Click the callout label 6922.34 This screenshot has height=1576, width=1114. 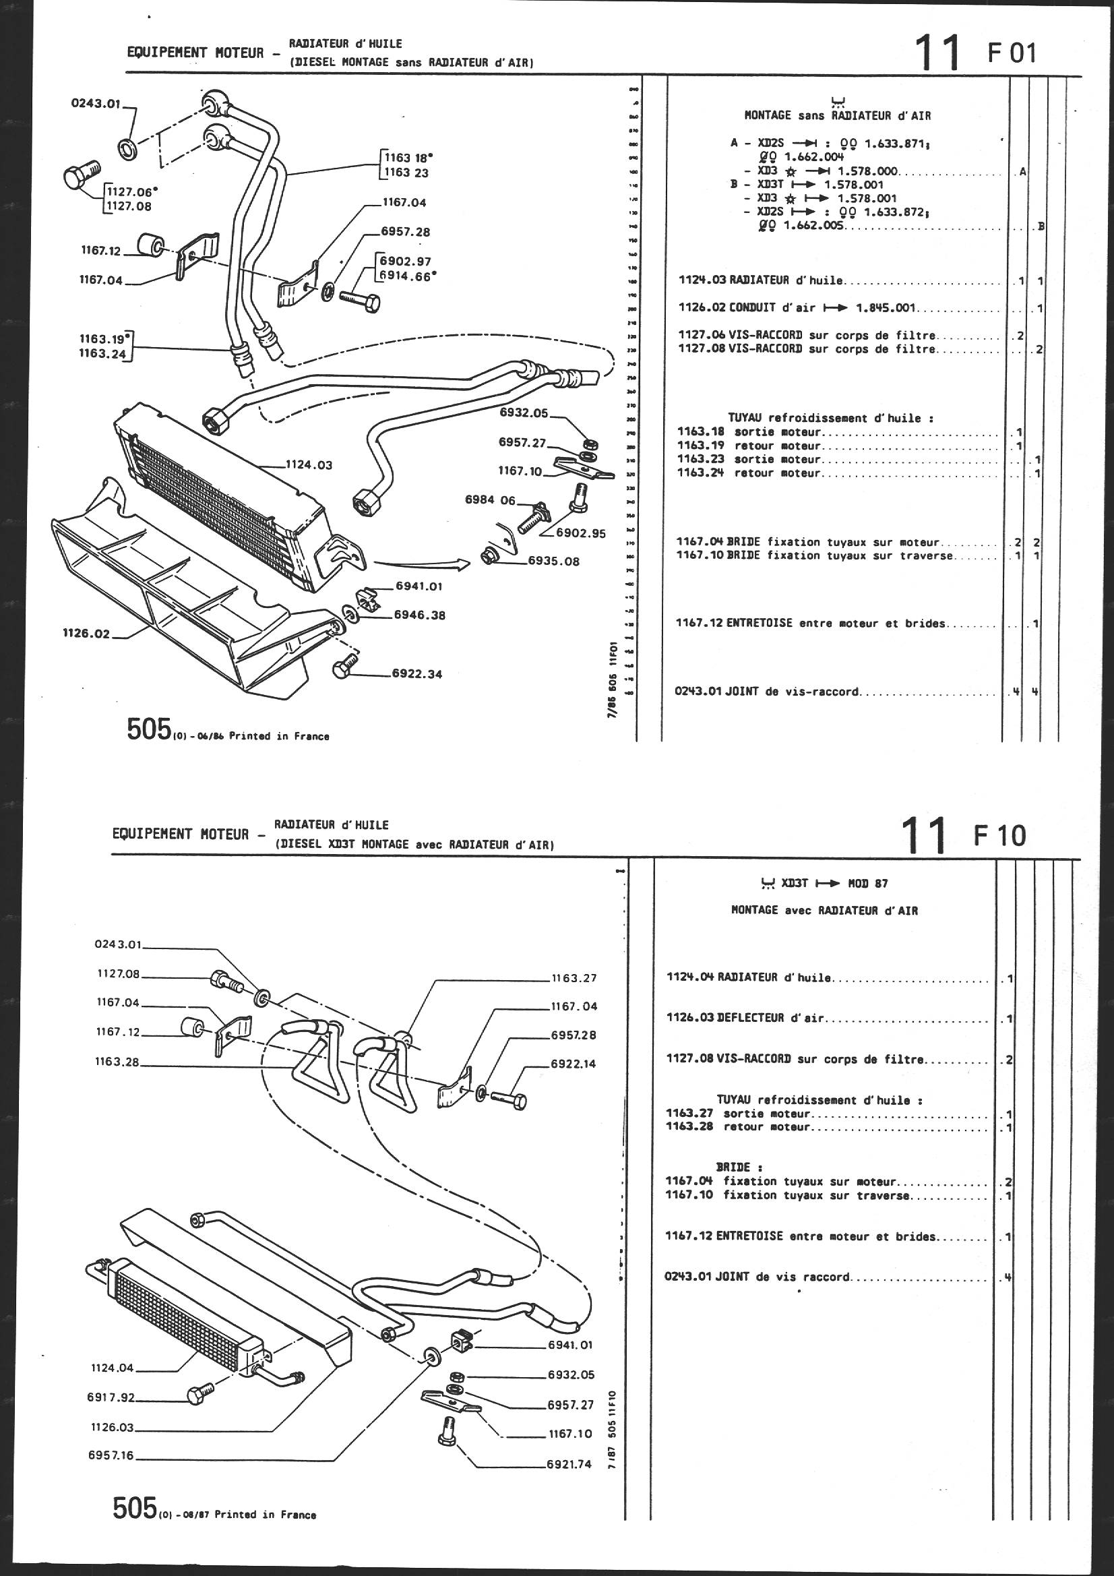click(416, 674)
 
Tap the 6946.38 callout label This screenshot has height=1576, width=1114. click(419, 615)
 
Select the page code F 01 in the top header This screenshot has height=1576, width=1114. click(1012, 53)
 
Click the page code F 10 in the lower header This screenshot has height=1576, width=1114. click(999, 835)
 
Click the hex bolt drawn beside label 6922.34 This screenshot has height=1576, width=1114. click(343, 668)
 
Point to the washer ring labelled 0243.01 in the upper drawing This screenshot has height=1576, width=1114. click(127, 148)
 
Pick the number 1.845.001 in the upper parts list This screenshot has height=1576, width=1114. click(886, 308)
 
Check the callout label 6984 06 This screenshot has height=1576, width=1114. click(489, 500)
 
